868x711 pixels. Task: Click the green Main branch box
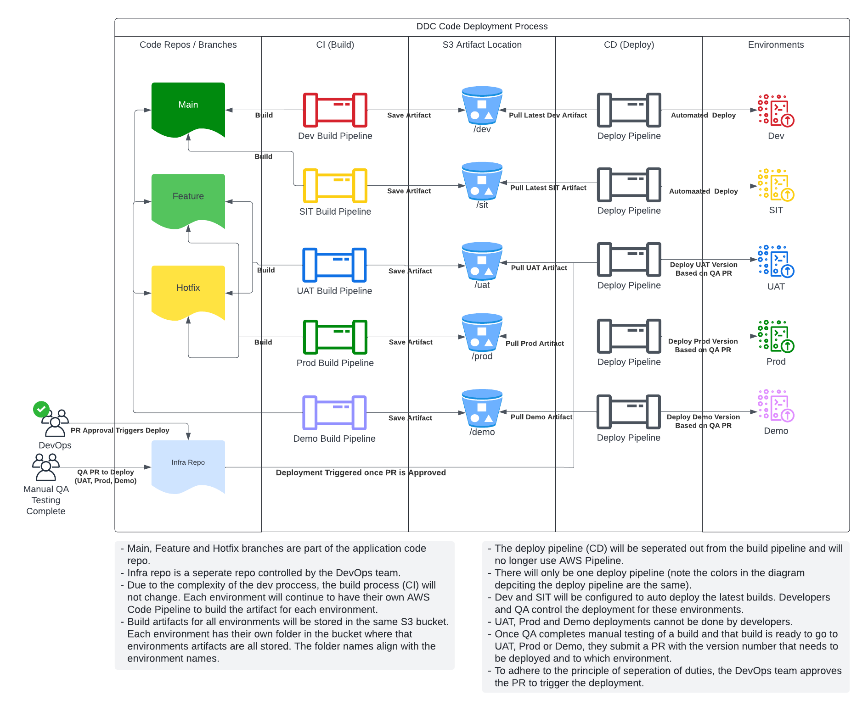(188, 108)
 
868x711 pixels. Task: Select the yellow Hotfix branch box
(188, 291)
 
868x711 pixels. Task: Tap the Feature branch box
(188, 200)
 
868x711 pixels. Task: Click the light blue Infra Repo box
(188, 466)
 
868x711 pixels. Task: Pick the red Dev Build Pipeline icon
(335, 110)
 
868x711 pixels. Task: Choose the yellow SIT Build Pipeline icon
(335, 186)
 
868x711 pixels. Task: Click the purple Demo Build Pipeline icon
(334, 413)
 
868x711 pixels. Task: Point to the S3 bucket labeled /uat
(482, 261)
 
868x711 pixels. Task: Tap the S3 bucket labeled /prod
(482, 332)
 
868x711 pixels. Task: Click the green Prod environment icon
(776, 336)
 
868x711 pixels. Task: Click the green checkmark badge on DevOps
(41, 409)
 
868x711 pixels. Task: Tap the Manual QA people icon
(46, 467)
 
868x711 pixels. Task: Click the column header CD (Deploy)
(629, 44)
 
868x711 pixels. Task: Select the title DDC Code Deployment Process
(482, 26)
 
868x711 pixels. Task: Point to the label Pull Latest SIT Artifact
(548, 188)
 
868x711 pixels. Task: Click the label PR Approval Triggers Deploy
(120, 430)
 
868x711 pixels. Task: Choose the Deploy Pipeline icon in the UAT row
(629, 260)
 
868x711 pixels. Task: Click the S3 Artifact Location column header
(482, 44)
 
